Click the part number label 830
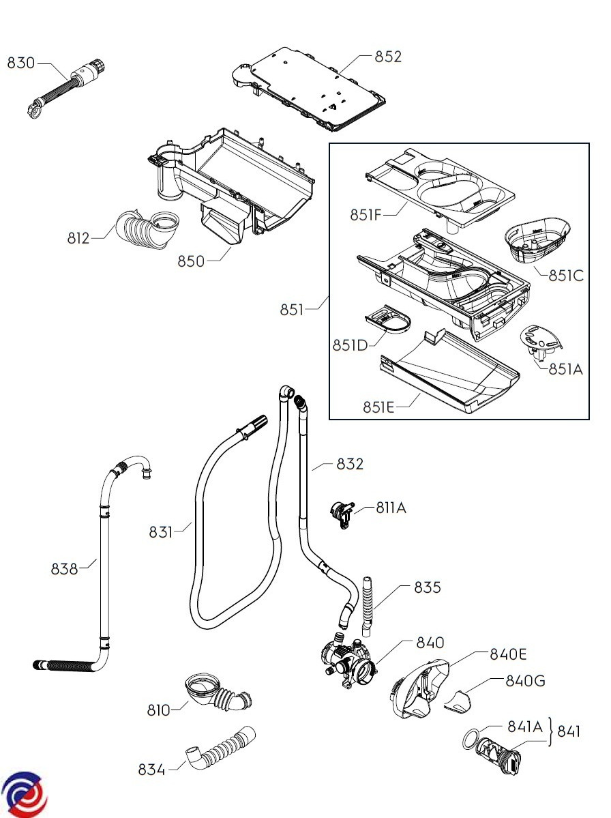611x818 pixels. tap(20, 63)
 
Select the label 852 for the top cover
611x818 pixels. tap(388, 57)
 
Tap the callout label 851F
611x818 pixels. tap(366, 215)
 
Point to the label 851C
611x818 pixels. tap(566, 276)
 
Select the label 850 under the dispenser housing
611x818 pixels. tap(191, 261)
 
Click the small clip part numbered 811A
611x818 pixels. tap(342, 512)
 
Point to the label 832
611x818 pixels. tap(350, 464)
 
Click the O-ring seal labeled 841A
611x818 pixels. tap(471, 738)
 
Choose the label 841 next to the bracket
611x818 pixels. tap(569, 732)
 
